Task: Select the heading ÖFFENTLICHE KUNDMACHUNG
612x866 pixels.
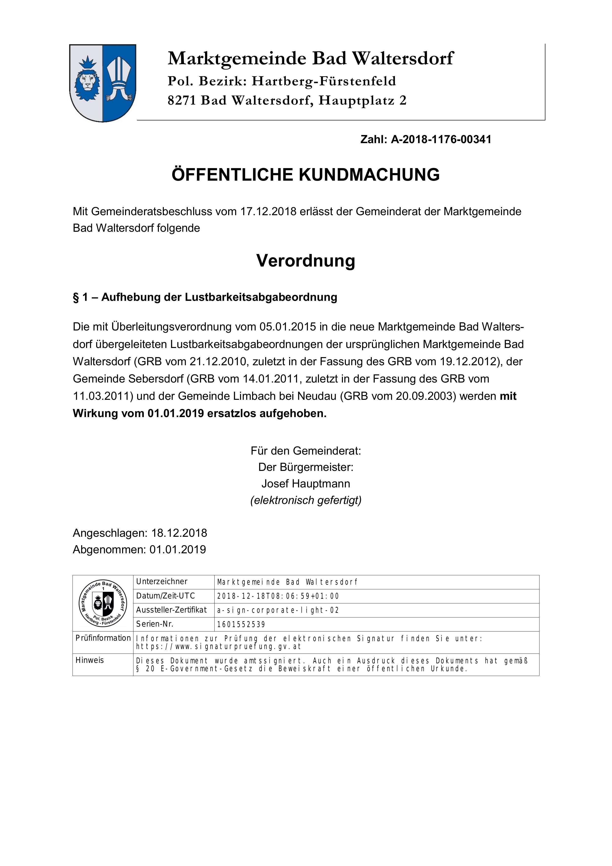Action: pos(305,175)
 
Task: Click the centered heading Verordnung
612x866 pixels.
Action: pos(305,261)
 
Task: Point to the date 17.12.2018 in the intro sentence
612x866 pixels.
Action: pos(268,212)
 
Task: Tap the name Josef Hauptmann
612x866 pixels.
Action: pos(305,483)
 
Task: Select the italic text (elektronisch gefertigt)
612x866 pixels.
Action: pos(305,500)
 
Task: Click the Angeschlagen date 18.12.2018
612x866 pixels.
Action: pos(179,533)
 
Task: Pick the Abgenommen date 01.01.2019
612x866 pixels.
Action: pos(178,550)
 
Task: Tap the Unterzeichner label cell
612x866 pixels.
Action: pos(162,582)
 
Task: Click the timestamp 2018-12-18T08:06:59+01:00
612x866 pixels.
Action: pos(278,596)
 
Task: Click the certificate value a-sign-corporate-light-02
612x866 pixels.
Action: pos(278,610)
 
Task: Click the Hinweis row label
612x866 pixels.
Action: pos(89,660)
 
